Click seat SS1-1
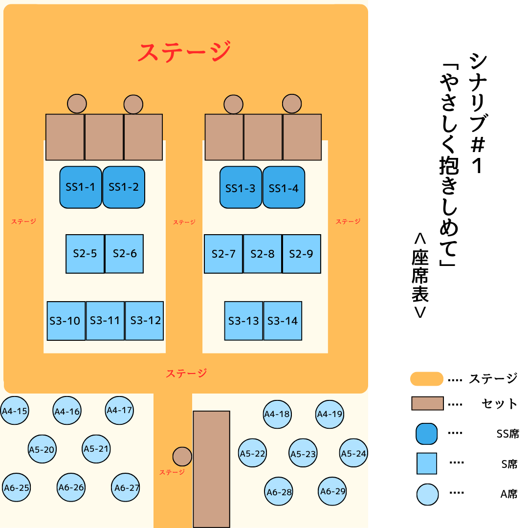coord(81,187)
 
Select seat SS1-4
coord(284,188)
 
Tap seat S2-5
coord(85,254)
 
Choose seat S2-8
coord(263,254)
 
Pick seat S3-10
coord(66,321)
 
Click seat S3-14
coord(283,321)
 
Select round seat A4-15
coord(15,411)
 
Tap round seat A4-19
coord(330,414)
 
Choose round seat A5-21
coord(96,449)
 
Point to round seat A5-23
coord(303,454)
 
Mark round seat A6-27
coord(126,487)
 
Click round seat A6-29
coord(333,491)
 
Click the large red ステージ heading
coord(184,52)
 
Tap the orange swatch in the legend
coord(427,379)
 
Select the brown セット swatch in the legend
coord(427,403)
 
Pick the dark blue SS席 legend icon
coord(426,434)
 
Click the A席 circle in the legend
coord(427,494)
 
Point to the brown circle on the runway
coord(182,457)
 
